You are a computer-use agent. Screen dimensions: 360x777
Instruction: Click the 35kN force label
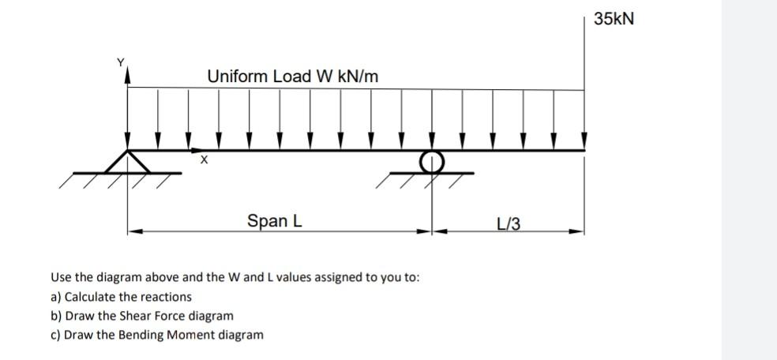[613, 18]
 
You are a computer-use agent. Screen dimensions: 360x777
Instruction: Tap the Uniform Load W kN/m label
[292, 77]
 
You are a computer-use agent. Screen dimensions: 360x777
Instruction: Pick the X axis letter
[204, 161]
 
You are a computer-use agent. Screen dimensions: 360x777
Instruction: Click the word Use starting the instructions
[61, 278]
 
